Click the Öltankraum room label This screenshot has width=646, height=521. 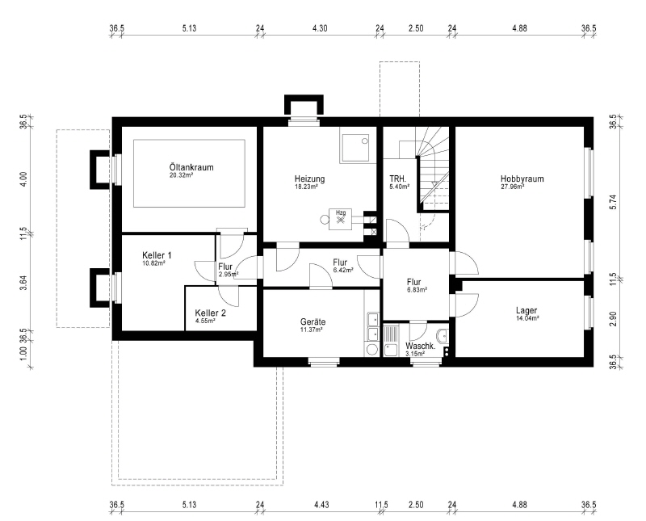[x=191, y=167]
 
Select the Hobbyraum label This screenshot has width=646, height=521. [x=522, y=179]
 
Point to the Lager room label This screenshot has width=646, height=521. [x=526, y=310]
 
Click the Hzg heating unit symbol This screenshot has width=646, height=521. [x=340, y=219]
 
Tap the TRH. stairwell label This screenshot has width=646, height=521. [x=398, y=179]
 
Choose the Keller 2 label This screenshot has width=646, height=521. [x=210, y=313]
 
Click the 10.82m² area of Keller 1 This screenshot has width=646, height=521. [x=153, y=263]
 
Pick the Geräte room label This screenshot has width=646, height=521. [x=313, y=322]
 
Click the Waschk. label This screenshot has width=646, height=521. [x=420, y=347]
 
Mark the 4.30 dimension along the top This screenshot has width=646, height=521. [x=320, y=28]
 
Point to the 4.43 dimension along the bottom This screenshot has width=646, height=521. [x=321, y=505]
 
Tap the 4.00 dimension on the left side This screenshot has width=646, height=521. [x=23, y=179]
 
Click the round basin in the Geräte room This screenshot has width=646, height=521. [x=372, y=350]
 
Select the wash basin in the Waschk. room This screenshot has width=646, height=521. [x=443, y=335]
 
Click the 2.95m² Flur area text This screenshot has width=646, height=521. [x=229, y=274]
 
